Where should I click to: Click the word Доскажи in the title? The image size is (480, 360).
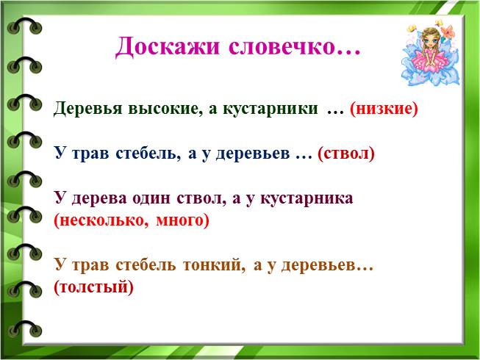(168, 46)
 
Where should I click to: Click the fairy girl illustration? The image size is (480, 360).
(431, 53)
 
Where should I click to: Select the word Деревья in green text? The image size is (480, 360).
(88, 109)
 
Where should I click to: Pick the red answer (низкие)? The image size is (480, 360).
(384, 109)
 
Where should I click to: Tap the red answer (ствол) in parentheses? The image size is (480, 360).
(346, 153)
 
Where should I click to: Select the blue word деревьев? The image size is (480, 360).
(253, 154)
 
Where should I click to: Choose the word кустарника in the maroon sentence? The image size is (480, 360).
(307, 199)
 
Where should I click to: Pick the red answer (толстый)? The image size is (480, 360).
(93, 287)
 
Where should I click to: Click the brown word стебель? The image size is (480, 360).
(146, 265)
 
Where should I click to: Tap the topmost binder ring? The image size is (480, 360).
(24, 26)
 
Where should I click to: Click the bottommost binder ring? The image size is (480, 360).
(24, 329)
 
